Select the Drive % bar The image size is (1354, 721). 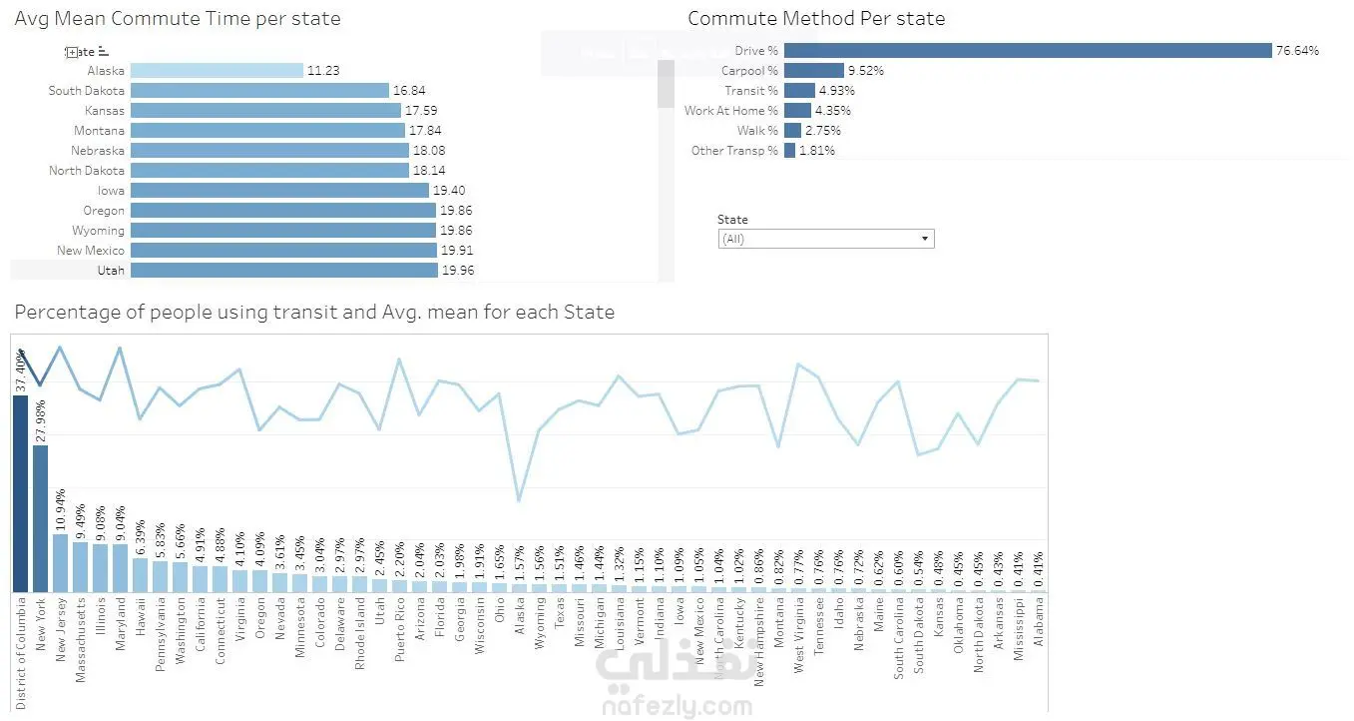click(1028, 51)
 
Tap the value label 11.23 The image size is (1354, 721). click(323, 71)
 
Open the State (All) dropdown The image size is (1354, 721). click(825, 240)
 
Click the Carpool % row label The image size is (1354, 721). click(749, 71)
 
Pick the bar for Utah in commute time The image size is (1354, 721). click(283, 271)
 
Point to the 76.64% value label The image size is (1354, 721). click(1297, 51)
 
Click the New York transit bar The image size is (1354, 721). click(40, 518)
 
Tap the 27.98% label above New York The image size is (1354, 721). click(41, 420)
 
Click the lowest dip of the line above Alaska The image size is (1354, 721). click(519, 500)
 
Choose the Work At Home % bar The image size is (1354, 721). click(797, 111)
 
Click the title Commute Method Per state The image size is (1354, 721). click(815, 19)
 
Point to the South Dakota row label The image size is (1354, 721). click(87, 91)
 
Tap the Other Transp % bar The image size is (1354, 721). click(789, 151)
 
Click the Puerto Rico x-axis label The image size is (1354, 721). click(400, 628)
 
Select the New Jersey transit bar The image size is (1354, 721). click(60, 563)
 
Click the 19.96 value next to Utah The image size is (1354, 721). click(458, 271)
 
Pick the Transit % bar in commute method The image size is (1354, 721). click(799, 91)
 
